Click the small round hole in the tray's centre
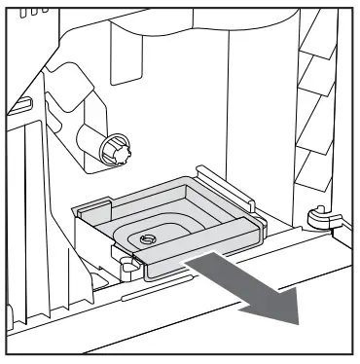[148, 237]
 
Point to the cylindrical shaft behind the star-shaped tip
[96, 138]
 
